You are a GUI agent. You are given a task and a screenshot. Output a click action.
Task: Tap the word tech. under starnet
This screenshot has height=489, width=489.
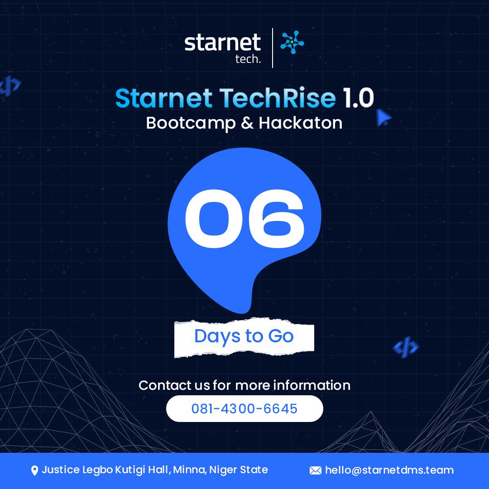click(x=248, y=59)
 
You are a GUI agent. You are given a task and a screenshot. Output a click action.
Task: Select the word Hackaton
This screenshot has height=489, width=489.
click(x=300, y=123)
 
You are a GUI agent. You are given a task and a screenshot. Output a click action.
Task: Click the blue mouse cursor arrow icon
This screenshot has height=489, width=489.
click(x=384, y=118)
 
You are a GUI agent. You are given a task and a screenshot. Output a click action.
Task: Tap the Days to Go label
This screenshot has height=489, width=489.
click(x=244, y=336)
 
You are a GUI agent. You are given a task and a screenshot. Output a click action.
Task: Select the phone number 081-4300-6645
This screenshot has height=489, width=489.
click(x=244, y=409)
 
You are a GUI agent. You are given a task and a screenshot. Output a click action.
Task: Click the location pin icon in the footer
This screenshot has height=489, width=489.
click(x=34, y=471)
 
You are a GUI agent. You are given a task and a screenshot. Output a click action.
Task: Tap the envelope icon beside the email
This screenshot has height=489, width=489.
click(x=315, y=471)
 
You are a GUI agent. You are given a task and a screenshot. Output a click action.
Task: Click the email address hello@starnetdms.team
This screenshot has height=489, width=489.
click(x=389, y=470)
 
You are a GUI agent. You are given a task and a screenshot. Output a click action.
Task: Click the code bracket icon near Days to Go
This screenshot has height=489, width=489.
click(x=405, y=347)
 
